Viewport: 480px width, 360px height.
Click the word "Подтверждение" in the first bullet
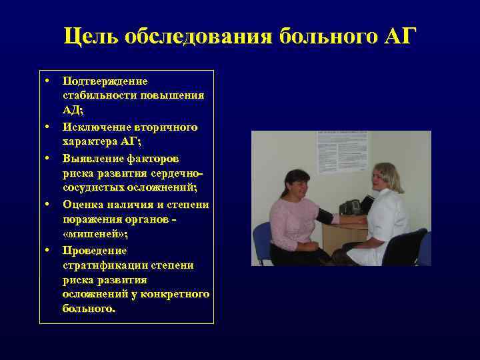coord(105,81)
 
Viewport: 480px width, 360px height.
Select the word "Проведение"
coord(95,250)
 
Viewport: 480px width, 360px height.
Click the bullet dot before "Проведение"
coord(49,250)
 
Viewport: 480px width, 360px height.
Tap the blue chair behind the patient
coord(263,240)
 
